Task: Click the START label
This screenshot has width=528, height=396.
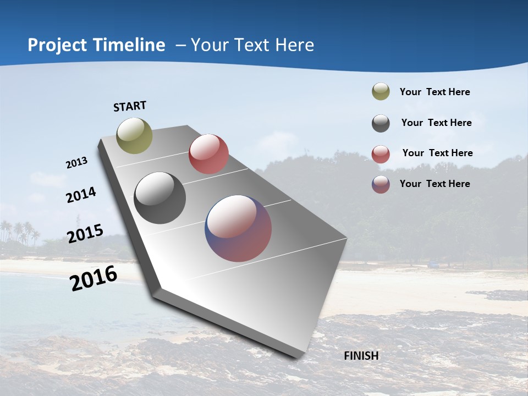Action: point(130,106)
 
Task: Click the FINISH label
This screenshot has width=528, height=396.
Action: point(361,356)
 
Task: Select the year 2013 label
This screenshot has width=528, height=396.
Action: point(77,163)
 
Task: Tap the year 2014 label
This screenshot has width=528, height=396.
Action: point(81,195)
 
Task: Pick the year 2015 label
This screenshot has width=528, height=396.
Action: point(85,234)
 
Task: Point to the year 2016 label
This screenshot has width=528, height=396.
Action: point(94,278)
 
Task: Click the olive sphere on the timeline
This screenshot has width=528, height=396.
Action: point(134,135)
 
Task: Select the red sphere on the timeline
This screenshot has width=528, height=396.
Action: point(208,154)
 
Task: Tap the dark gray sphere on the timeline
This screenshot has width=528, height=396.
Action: point(160,198)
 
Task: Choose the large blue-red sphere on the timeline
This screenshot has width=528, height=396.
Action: point(238,228)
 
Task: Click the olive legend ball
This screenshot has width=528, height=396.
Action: point(381,92)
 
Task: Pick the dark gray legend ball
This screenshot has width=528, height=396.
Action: point(381,123)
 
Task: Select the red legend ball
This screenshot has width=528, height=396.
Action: point(381,154)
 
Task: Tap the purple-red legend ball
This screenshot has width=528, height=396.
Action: point(381,184)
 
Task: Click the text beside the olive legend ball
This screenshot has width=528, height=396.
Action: point(435,92)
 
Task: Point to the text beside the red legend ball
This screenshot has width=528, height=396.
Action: point(437,153)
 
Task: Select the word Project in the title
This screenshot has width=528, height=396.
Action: point(55,45)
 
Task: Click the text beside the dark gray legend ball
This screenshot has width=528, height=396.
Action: point(436,123)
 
